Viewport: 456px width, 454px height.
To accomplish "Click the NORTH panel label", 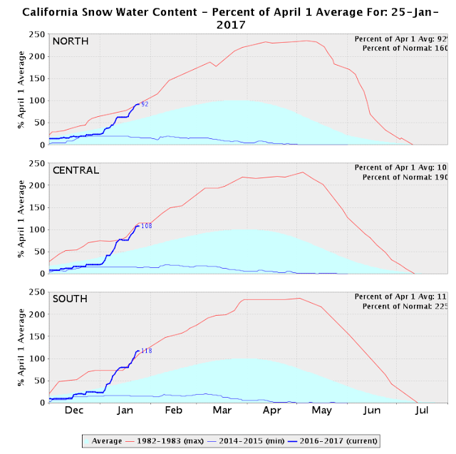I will tap(70, 41).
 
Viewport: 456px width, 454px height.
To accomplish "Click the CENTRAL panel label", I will tap(76, 170).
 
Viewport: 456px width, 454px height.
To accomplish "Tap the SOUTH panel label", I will tap(70, 299).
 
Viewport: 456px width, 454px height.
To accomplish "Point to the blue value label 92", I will tap(145, 104).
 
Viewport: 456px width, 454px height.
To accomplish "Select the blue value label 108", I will tap(147, 226).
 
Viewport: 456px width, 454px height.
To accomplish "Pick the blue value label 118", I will tap(147, 351).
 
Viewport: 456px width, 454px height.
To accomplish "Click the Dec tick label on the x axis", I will tap(73, 411).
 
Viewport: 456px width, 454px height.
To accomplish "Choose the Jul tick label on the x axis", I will tap(422, 411).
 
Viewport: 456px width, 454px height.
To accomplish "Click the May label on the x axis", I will tap(322, 411).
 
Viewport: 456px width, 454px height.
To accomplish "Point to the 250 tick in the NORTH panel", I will tap(36, 34).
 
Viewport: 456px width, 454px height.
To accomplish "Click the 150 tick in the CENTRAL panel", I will tap(36, 207).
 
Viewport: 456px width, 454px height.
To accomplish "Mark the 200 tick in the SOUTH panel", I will tap(36, 314).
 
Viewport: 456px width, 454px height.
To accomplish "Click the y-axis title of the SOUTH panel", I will tap(21, 347).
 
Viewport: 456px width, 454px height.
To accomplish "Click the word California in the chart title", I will tap(54, 12).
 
